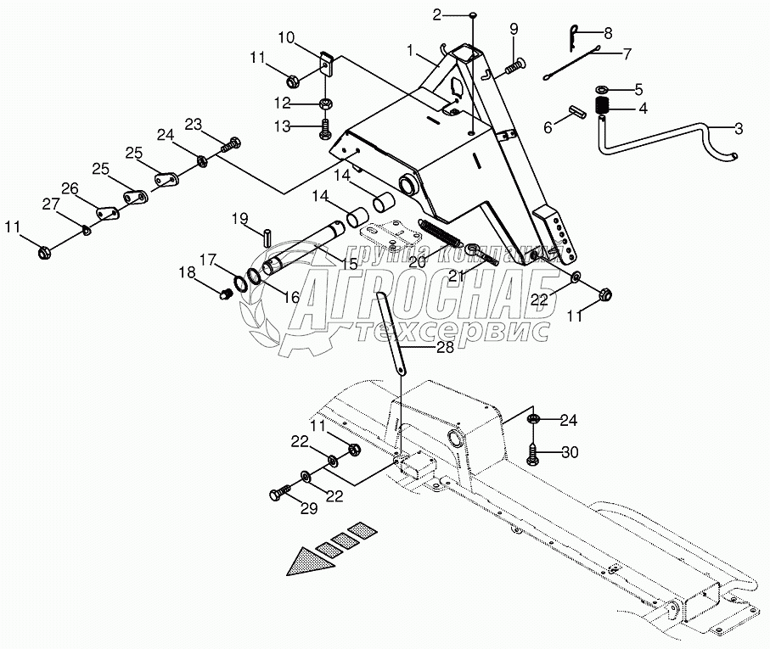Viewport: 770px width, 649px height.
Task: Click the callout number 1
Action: click(412, 51)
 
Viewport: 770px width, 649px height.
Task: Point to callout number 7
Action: click(627, 53)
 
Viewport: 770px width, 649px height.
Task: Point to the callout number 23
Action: click(193, 124)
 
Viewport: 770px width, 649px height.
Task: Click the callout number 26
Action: click(69, 188)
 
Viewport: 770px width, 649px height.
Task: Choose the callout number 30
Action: click(569, 452)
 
